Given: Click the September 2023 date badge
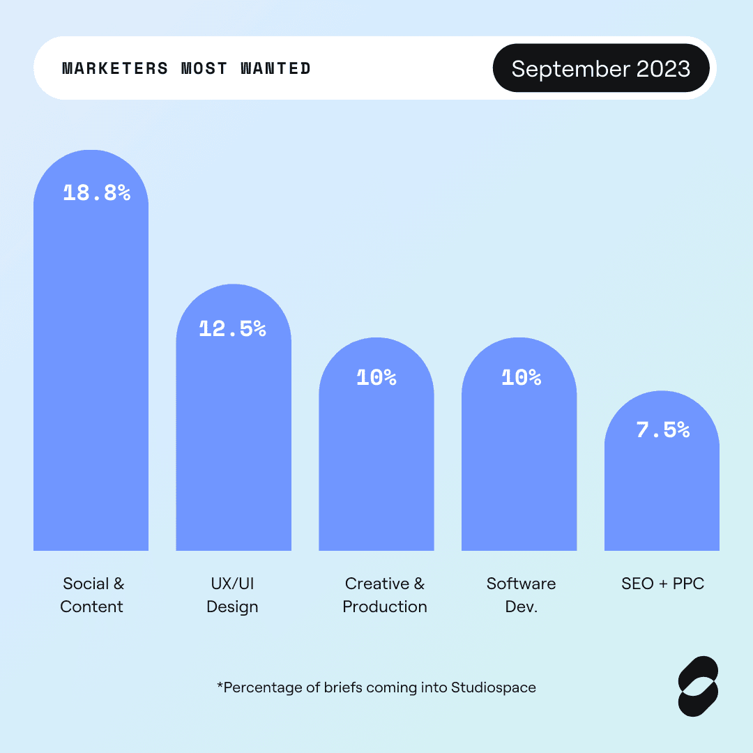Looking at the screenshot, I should (601, 68).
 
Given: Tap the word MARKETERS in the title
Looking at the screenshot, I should (115, 68).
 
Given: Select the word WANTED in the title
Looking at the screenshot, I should (275, 68).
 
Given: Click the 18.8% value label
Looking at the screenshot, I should (97, 193).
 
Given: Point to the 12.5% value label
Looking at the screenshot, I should (232, 329).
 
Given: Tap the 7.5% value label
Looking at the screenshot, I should (662, 429).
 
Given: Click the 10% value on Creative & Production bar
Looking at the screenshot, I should (376, 378).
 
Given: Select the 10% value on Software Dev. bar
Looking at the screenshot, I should (521, 378).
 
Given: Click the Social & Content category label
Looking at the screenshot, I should (92, 595).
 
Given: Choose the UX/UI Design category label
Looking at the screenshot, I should (232, 595).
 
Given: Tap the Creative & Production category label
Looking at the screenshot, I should (385, 595).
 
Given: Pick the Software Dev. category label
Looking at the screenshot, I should (521, 595).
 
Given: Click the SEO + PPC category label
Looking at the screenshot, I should (662, 584).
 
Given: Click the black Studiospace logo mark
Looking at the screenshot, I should (698, 686).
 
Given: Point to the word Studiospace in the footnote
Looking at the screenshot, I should (494, 687).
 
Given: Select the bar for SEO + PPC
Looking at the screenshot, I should (662, 495).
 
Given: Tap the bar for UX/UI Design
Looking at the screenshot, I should (234, 446).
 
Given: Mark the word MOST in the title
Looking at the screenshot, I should (204, 68).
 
